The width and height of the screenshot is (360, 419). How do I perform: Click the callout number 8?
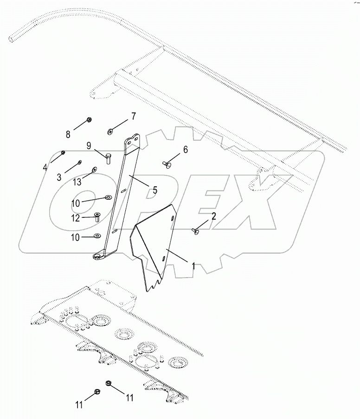[68, 134]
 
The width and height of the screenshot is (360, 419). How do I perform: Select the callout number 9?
[88, 145]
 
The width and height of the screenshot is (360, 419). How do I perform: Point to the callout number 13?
[77, 182]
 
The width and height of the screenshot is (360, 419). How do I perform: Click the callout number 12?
[75, 218]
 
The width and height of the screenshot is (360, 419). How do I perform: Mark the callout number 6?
[186, 150]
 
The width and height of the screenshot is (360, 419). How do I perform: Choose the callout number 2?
[214, 216]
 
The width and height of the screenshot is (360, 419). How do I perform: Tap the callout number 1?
[193, 266]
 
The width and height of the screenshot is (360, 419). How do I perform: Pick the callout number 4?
[45, 167]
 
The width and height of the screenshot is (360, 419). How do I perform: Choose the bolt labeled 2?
[195, 229]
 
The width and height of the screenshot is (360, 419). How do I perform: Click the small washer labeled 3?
[80, 162]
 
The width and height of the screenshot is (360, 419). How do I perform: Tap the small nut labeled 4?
[64, 152]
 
